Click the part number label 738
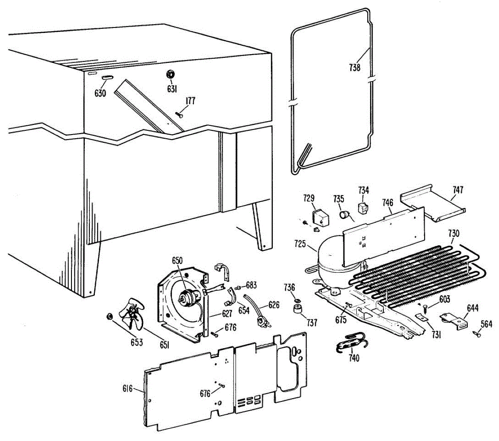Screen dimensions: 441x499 (354, 67)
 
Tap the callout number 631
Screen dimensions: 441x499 (172, 89)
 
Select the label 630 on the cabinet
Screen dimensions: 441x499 (100, 93)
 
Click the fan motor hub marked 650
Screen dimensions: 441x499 (184, 296)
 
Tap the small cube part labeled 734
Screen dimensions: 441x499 (364, 207)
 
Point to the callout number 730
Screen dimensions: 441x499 (454, 233)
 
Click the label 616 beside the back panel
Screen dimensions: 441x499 (127, 389)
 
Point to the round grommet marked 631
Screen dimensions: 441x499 (170, 74)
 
